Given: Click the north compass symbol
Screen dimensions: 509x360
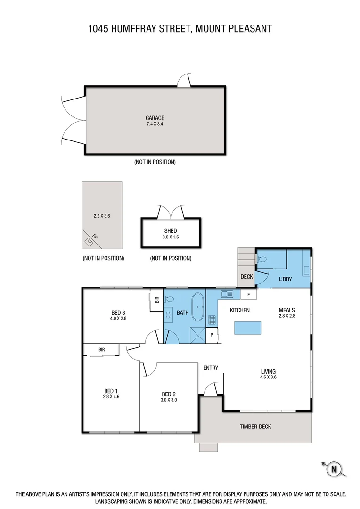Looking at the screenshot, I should click(334, 468).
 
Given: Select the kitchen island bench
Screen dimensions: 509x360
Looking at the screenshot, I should click(247, 327).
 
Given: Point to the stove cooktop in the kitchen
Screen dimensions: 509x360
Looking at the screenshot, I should click(212, 320).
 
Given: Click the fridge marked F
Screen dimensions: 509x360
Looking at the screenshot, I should click(248, 295).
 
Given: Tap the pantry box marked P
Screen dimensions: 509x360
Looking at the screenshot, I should click(212, 335).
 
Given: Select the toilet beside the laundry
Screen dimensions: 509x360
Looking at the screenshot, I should click(263, 259).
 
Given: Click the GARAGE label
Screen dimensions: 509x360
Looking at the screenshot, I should click(155, 118).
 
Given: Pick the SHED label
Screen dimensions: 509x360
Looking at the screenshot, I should click(170, 230).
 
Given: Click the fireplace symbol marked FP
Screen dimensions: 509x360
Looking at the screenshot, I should click(90, 241).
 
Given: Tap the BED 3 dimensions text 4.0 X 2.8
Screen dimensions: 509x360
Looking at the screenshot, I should click(118, 318).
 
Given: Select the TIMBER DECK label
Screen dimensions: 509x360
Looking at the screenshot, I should click(255, 427).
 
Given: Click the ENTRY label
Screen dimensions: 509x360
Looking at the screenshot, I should click(210, 368).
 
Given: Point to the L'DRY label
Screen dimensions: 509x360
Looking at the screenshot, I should click(285, 279).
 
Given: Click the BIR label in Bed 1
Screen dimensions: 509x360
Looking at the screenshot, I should click(101, 349).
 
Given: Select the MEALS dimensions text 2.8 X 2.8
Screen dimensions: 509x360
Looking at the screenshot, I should click(286, 316).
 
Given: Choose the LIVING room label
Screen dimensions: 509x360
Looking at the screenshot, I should click(268, 371).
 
